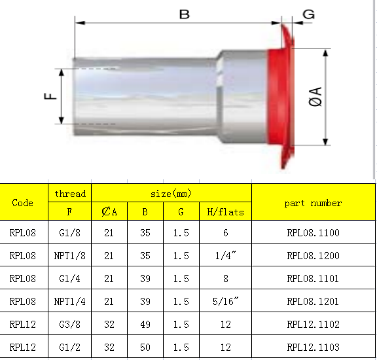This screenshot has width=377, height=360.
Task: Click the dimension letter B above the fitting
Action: [185, 13]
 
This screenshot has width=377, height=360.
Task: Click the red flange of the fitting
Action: [278, 98]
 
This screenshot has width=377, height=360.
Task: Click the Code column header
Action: [23, 202]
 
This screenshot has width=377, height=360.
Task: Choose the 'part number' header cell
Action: [313, 203]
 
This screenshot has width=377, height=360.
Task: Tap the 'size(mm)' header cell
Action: [171, 194]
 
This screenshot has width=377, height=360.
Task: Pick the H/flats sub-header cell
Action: [225, 212]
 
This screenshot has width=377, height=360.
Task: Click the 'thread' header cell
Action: [70, 194]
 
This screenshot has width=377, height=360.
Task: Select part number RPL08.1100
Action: [314, 232]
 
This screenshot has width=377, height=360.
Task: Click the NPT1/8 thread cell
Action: [70, 255]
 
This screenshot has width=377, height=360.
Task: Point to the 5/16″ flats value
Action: [225, 301]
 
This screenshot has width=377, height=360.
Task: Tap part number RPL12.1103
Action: [314, 348]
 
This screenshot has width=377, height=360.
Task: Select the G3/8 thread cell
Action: [70, 325]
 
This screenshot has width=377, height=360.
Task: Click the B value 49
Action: [146, 325]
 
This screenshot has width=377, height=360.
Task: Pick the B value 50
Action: [146, 348]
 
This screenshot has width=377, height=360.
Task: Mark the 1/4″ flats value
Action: [225, 255]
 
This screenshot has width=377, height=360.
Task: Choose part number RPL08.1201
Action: [314, 301]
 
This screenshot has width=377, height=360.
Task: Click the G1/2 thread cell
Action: [70, 348]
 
